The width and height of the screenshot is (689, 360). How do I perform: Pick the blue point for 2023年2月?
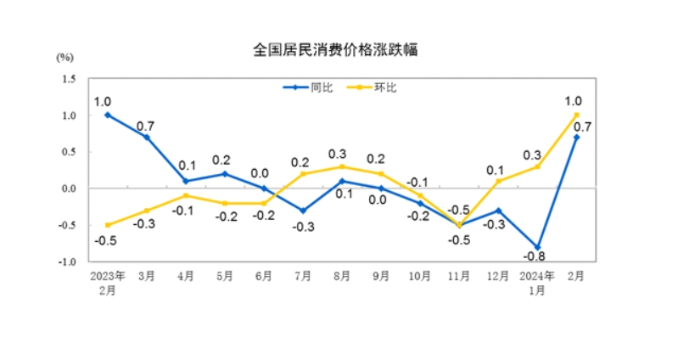(x=108, y=115)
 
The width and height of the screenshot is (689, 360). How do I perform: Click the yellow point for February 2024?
(x=577, y=115)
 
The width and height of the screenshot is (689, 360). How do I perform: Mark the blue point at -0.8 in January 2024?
(x=538, y=246)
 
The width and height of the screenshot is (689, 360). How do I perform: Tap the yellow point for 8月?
(x=343, y=166)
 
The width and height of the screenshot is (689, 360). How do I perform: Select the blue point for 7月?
(x=303, y=211)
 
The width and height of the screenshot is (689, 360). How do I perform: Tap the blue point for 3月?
(x=147, y=137)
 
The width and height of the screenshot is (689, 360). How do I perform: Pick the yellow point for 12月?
(x=499, y=181)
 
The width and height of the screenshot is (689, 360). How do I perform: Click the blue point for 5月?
(x=225, y=173)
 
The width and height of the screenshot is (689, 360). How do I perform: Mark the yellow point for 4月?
(x=186, y=195)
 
